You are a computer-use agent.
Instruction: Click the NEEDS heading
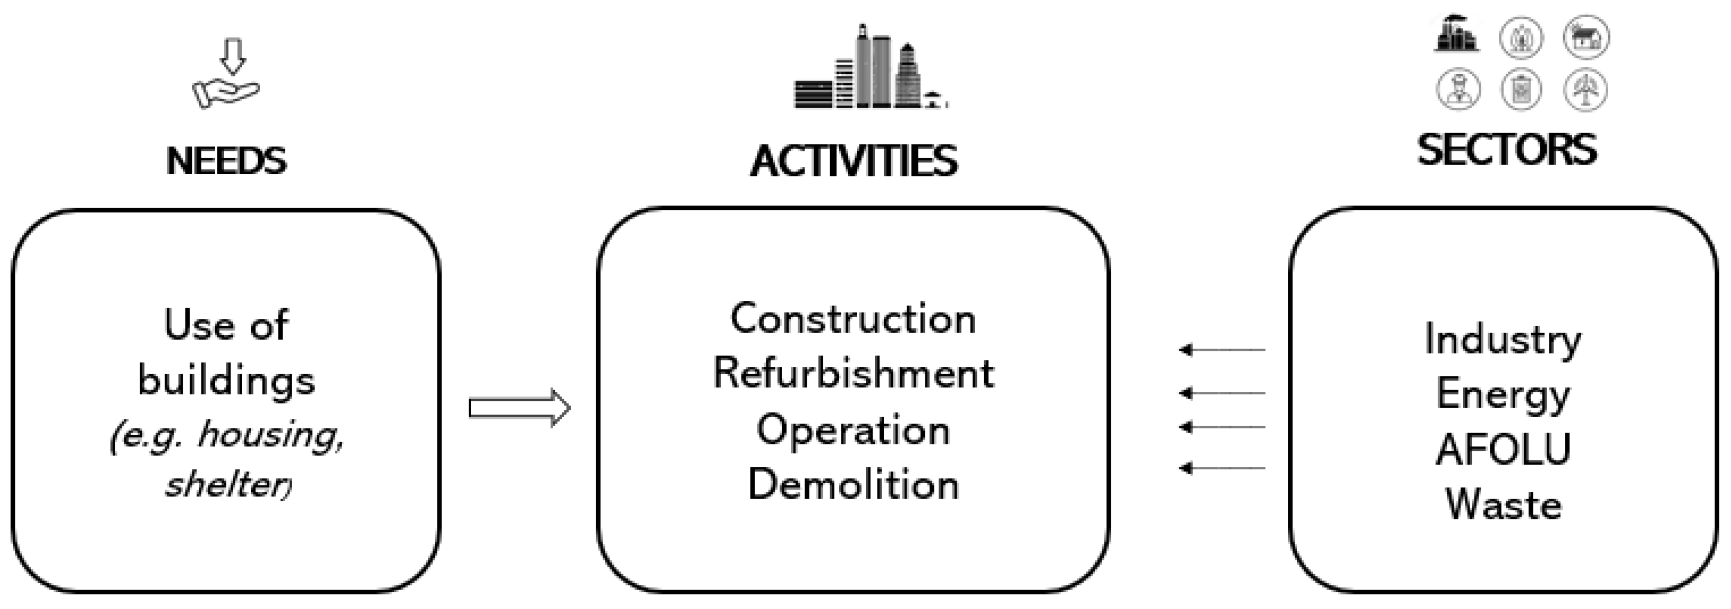click(227, 161)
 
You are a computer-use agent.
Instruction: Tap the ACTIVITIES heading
click(853, 162)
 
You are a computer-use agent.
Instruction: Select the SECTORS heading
click(1507, 150)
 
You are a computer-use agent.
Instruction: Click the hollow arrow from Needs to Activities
click(519, 408)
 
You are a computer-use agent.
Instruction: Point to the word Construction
click(853, 319)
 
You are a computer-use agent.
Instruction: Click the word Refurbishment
click(853, 373)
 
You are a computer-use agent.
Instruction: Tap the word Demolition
click(853, 484)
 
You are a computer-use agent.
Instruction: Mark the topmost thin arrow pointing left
click(1222, 350)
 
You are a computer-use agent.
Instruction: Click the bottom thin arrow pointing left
click(1222, 468)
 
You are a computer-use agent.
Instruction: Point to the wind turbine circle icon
click(1585, 89)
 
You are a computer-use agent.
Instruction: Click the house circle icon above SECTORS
click(1585, 37)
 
